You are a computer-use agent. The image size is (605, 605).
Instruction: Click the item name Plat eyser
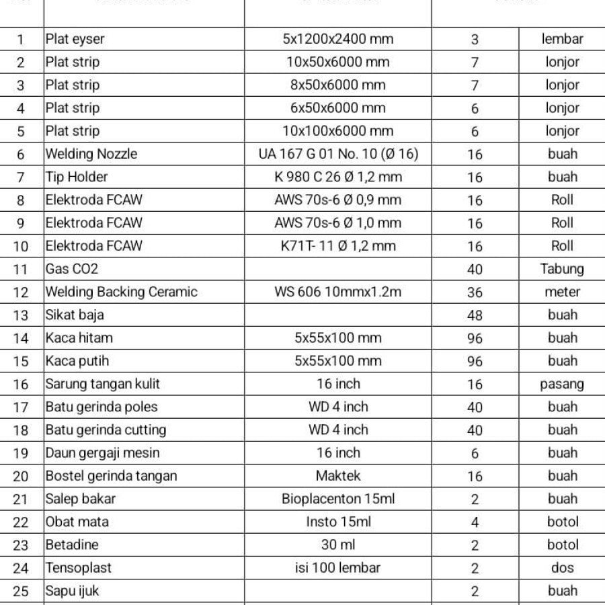click(75, 39)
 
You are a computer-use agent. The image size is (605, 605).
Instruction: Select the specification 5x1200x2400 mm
click(338, 39)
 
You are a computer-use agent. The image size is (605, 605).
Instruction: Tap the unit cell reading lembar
click(562, 39)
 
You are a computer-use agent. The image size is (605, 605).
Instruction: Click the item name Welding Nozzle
click(91, 154)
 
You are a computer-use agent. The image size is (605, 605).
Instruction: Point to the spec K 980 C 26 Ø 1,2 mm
click(338, 177)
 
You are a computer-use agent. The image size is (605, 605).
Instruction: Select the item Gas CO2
click(72, 269)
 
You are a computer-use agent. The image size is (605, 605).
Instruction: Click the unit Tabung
click(562, 269)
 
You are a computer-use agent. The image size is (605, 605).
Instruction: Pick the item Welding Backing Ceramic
click(122, 292)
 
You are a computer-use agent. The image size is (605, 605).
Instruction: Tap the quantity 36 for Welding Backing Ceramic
click(475, 292)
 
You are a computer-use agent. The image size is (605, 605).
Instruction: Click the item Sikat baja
click(75, 315)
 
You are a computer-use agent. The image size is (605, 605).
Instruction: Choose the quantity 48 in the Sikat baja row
click(475, 315)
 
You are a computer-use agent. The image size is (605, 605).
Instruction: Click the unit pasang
click(562, 384)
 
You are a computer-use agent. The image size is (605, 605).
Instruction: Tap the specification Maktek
click(338, 476)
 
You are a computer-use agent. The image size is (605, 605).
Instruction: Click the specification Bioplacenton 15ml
click(338, 499)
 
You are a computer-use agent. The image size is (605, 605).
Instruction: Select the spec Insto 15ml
click(338, 522)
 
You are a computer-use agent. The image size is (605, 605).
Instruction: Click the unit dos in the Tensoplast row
click(562, 567)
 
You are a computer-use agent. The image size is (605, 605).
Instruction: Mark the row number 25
click(21, 592)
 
